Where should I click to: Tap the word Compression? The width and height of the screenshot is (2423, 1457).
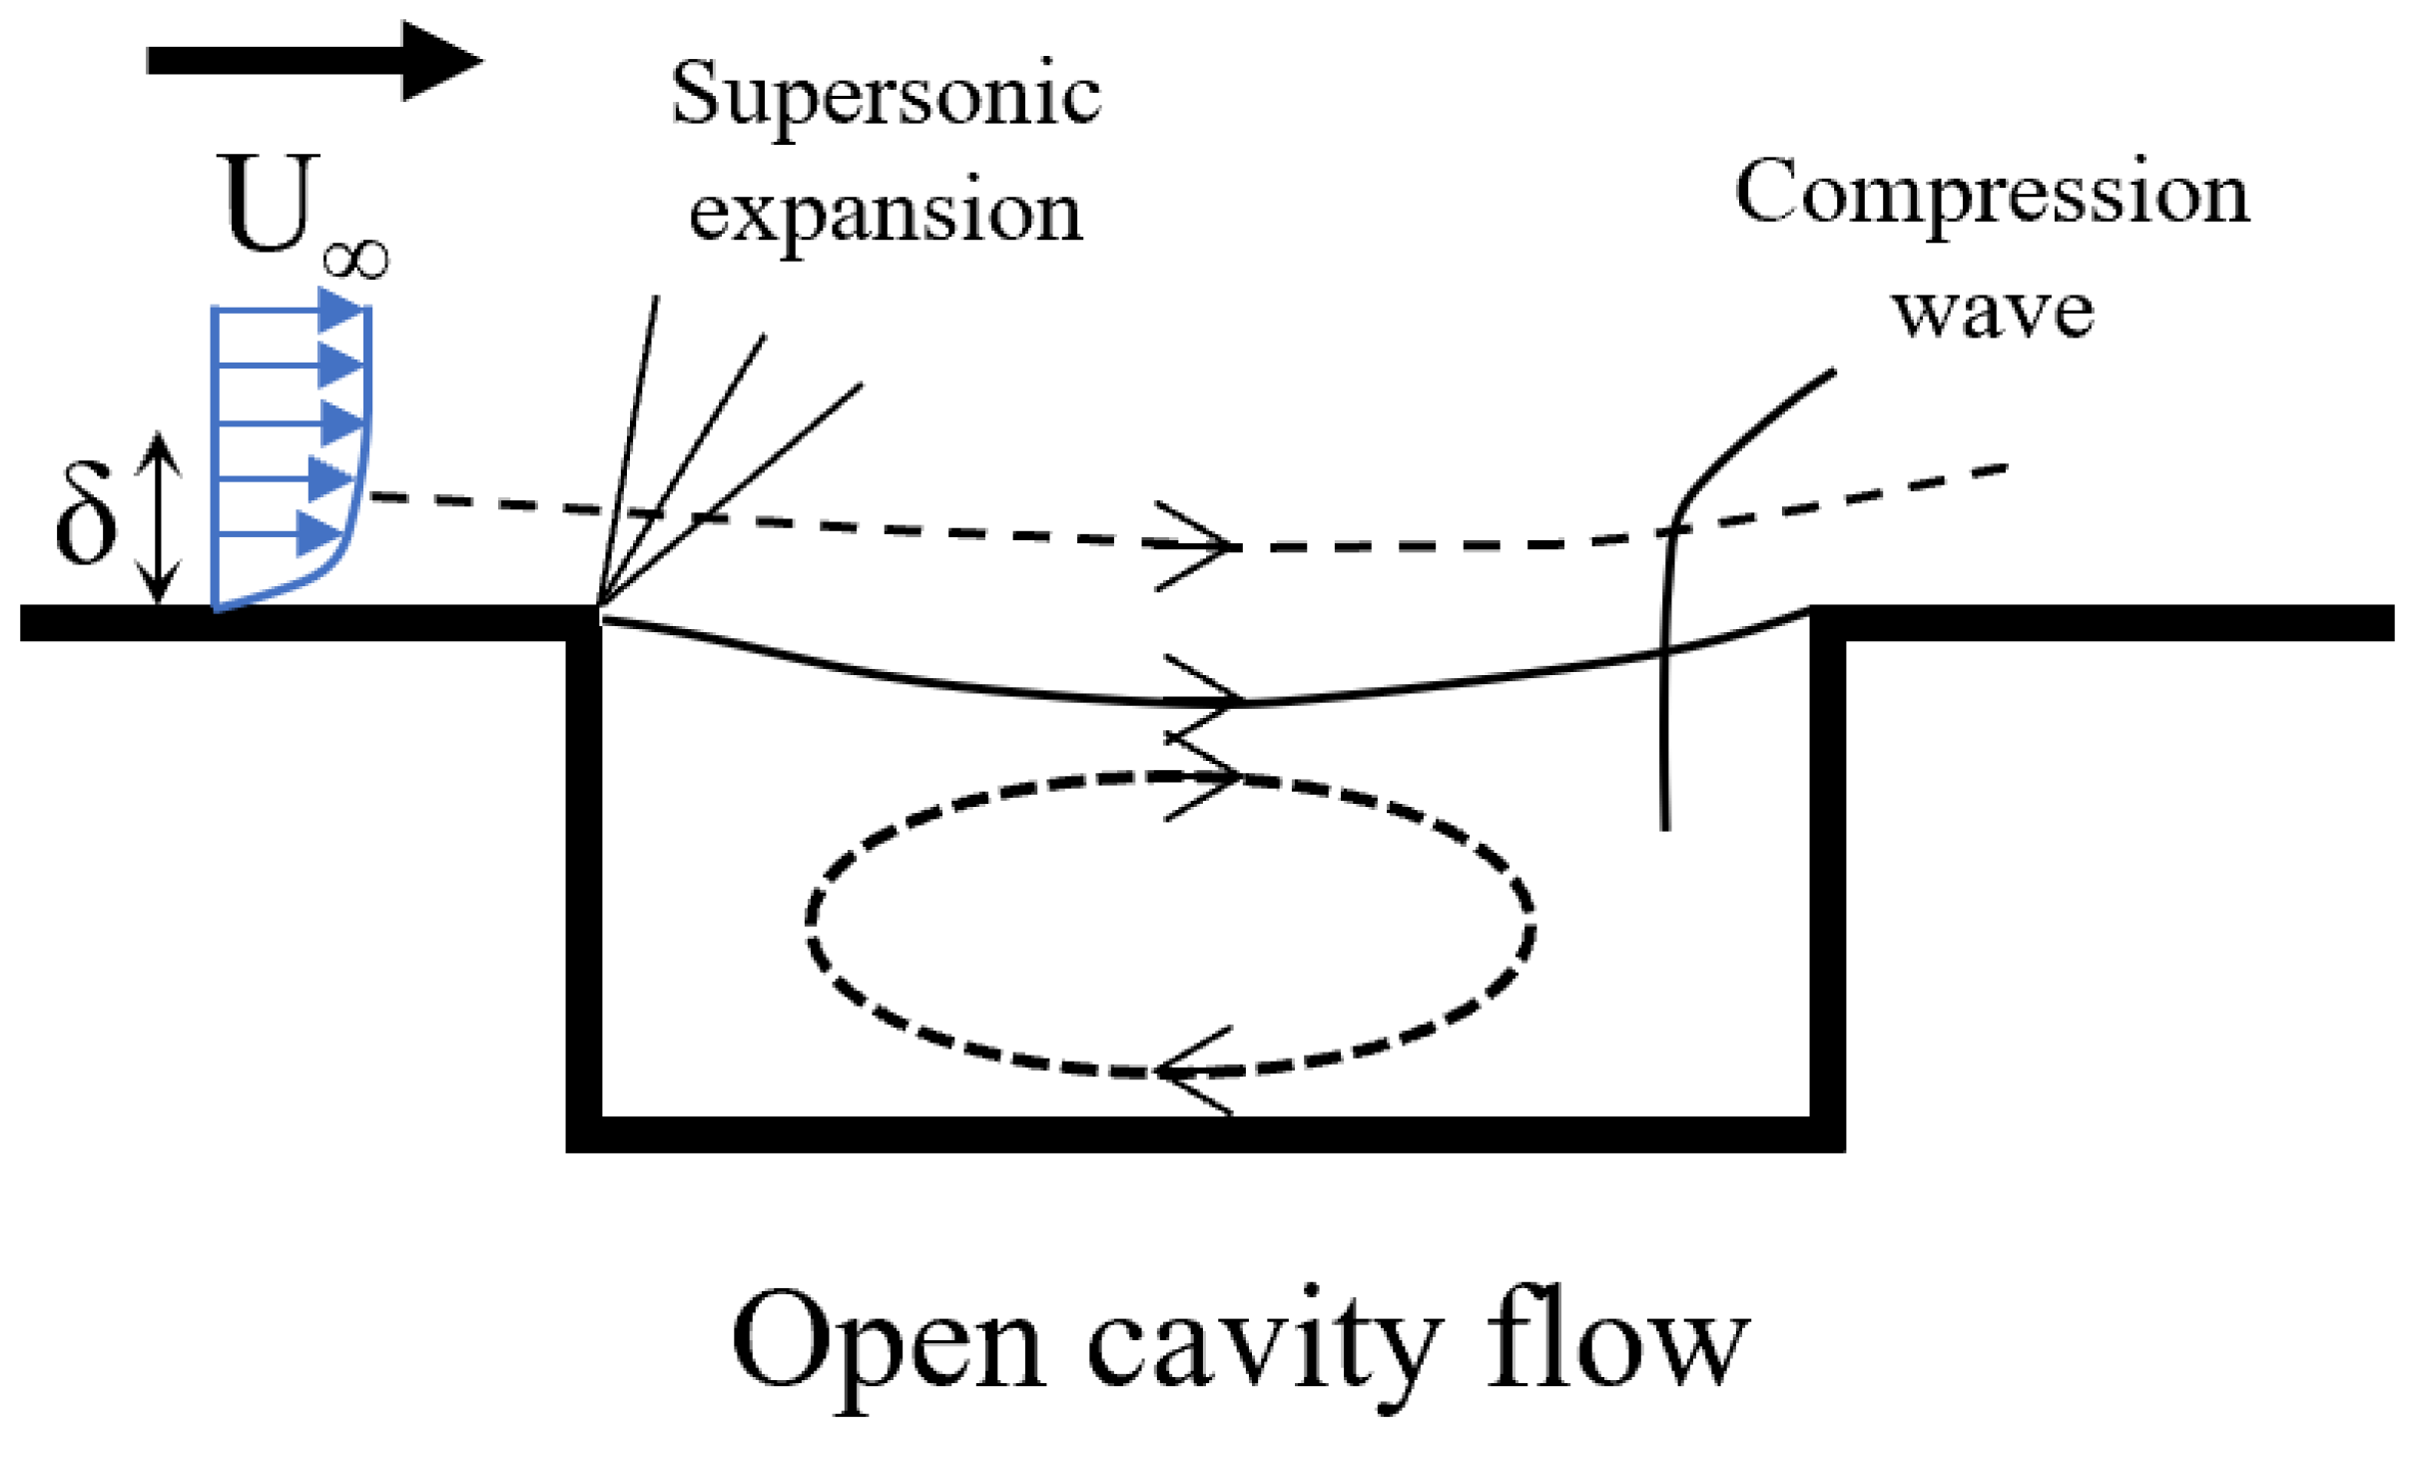1992,193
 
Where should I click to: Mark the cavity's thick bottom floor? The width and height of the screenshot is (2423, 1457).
1198,1134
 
